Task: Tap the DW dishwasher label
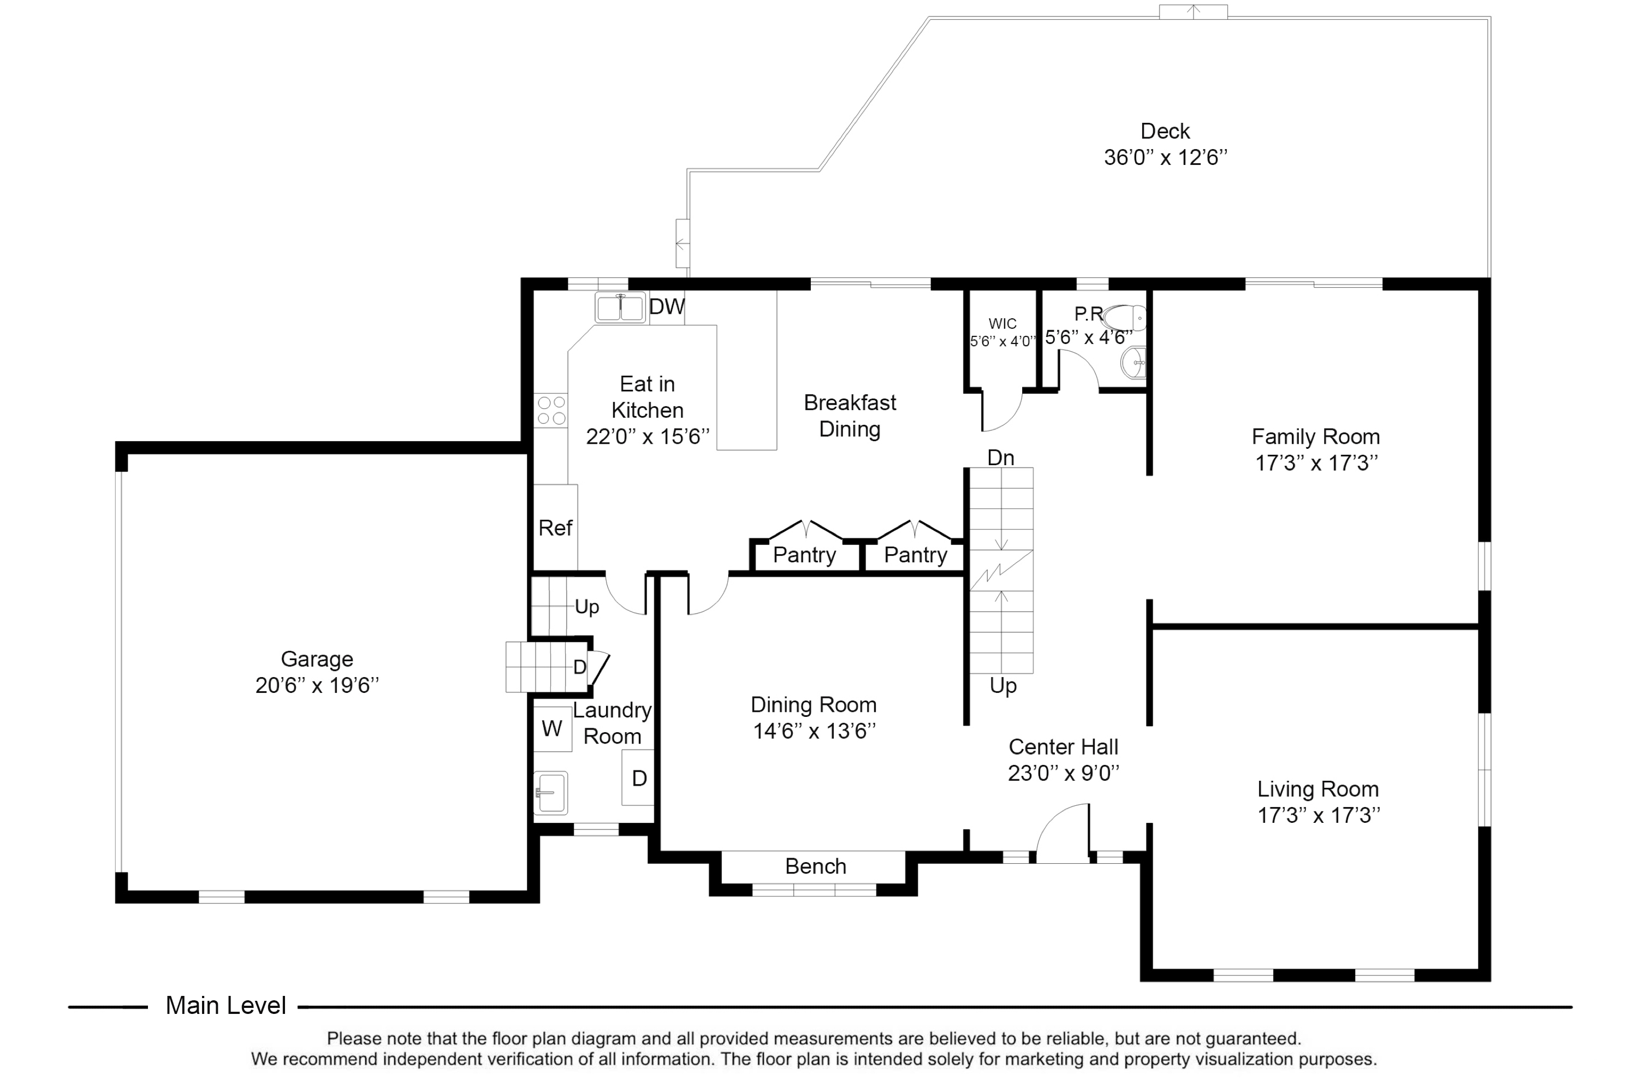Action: click(667, 306)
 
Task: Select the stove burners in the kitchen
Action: click(551, 410)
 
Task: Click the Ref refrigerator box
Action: click(555, 527)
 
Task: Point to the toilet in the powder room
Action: click(1125, 318)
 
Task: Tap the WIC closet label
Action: click(1002, 324)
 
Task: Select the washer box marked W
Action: click(552, 728)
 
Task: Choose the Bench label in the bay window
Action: click(816, 867)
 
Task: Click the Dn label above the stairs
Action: click(1001, 458)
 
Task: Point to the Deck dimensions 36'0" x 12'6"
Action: click(1165, 157)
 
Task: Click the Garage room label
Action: click(317, 659)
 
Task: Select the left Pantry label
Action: click(804, 555)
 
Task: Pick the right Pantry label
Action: click(915, 555)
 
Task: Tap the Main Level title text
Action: click(225, 1006)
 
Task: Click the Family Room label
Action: click(1315, 437)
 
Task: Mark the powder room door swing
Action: click(1079, 369)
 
